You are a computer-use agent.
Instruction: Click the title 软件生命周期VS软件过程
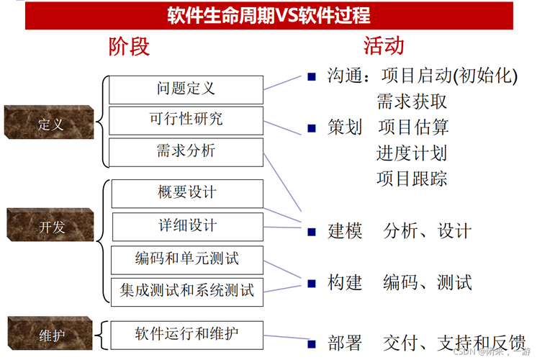pos(269,15)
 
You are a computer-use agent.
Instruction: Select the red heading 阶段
pos(130,47)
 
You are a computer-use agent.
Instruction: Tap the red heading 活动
pos(384,47)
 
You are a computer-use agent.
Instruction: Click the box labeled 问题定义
pos(186,89)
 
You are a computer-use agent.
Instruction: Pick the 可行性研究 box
pos(186,120)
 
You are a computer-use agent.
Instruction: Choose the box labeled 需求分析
pos(186,152)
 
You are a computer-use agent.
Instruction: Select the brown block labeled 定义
pos(49,122)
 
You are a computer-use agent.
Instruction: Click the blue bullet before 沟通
pos(312,76)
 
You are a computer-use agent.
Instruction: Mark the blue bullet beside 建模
pos(312,232)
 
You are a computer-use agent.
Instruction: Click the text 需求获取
pos(412,101)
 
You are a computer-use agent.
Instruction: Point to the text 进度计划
pos(412,153)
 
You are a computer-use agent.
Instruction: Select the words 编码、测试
pos(428,282)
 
